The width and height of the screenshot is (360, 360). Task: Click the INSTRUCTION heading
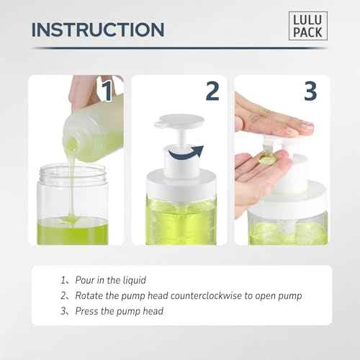click(98, 30)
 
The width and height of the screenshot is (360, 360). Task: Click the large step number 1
click(106, 91)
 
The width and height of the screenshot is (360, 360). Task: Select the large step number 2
click(212, 91)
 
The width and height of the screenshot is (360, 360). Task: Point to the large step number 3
click(310, 91)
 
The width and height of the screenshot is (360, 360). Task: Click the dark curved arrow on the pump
click(184, 152)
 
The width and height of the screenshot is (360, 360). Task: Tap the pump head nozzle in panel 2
click(163, 125)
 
